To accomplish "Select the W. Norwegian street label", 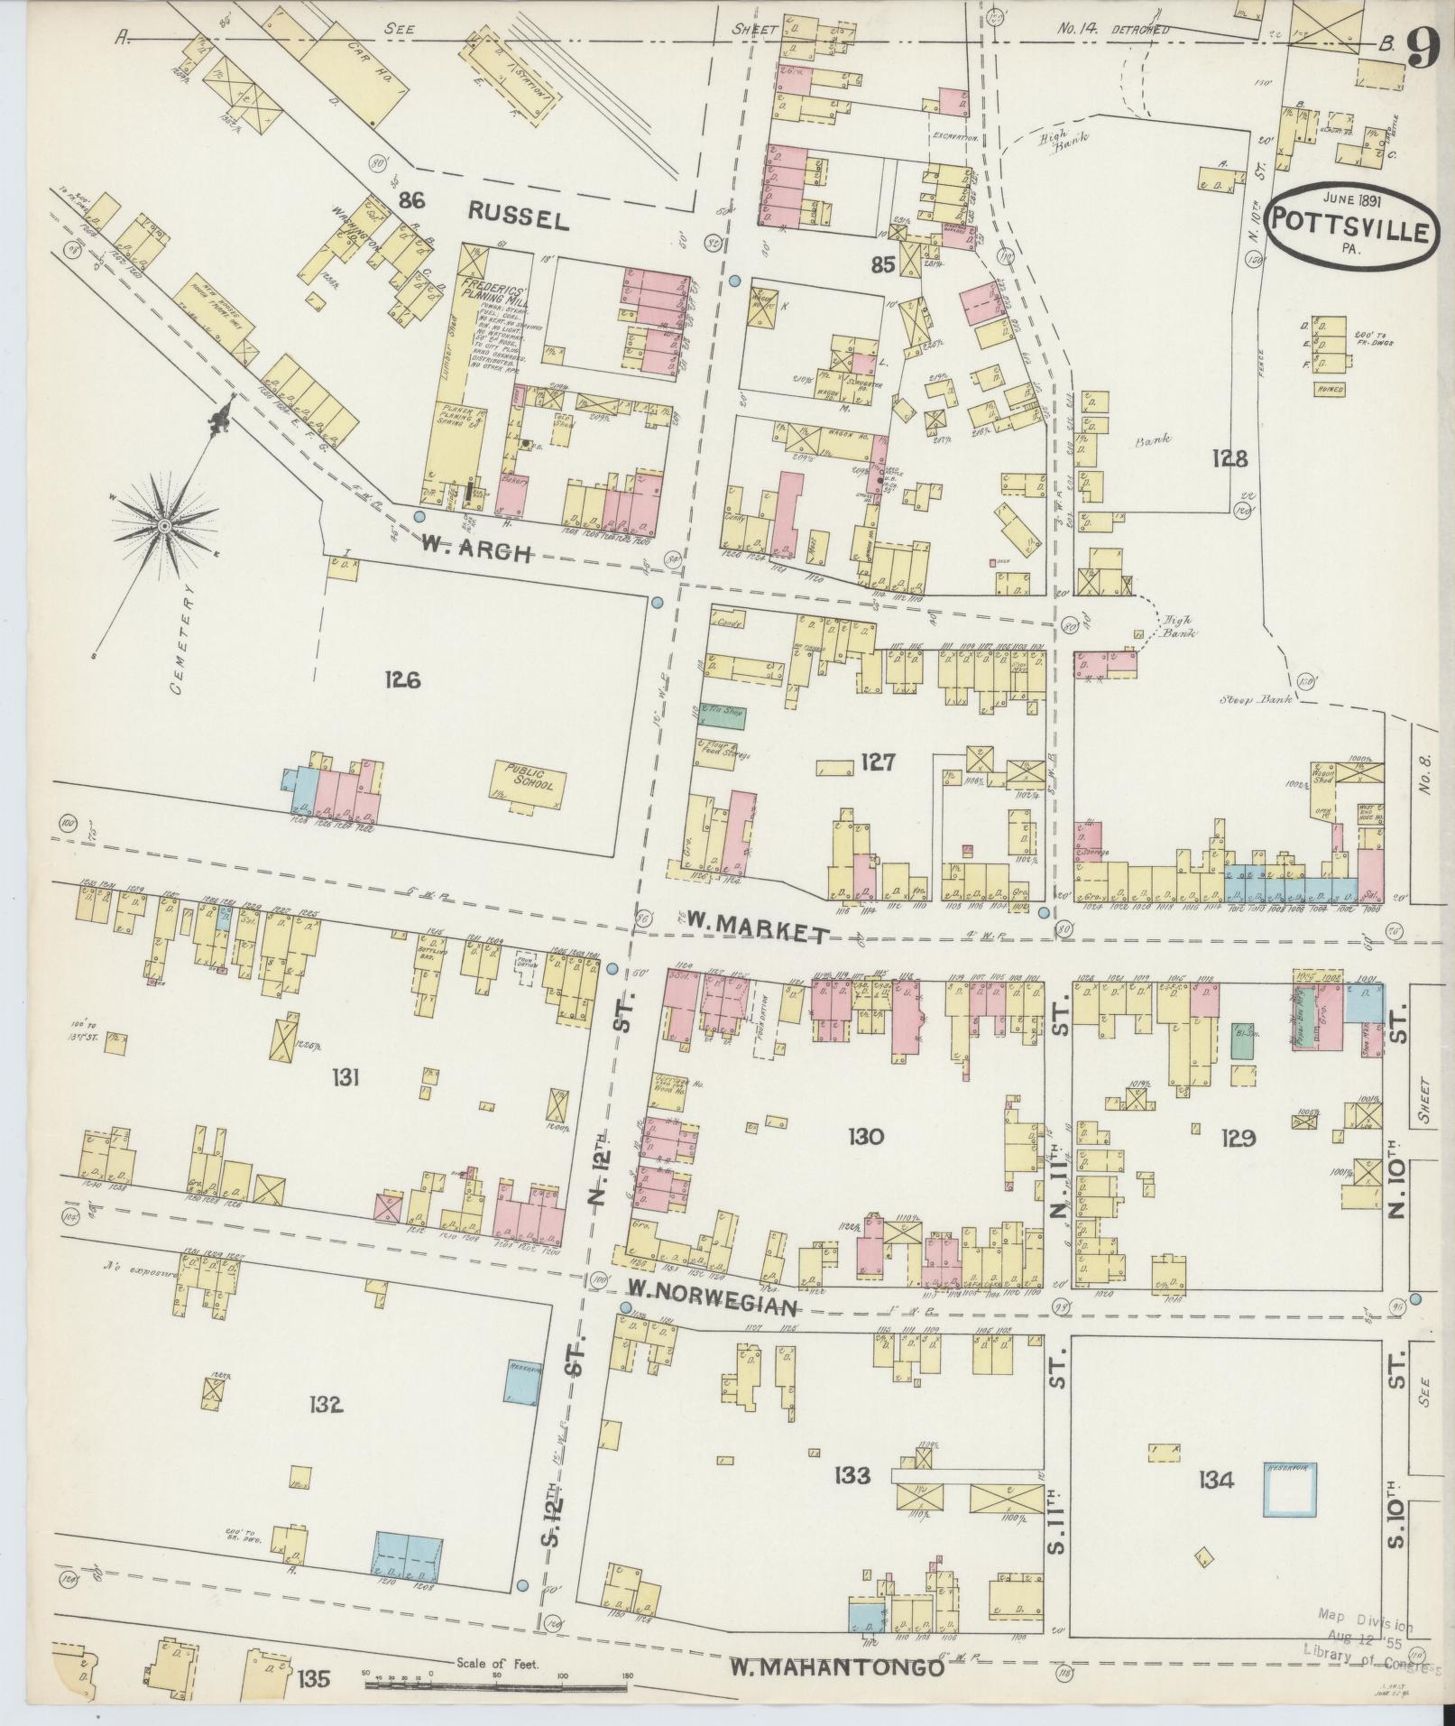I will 713,1308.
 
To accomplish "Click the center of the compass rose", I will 164,525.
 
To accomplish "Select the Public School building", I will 530,780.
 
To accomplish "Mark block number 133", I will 852,1476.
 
